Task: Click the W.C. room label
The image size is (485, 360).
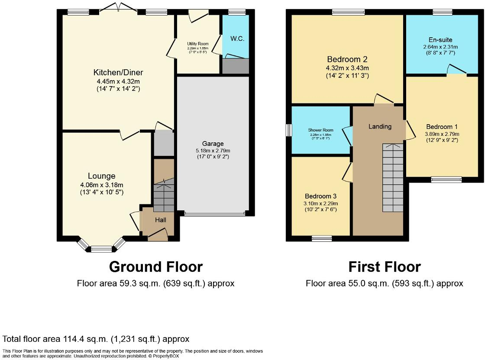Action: pyautogui.click(x=237, y=39)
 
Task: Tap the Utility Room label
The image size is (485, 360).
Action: pyautogui.click(x=197, y=44)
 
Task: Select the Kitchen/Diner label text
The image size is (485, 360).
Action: pyautogui.click(x=118, y=72)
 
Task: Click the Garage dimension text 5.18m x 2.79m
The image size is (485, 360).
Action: pyautogui.click(x=212, y=151)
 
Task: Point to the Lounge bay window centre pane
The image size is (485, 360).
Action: pyautogui.click(x=101, y=248)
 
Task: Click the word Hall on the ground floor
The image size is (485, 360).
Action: pyautogui.click(x=161, y=220)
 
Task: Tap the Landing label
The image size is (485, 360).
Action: pyautogui.click(x=380, y=126)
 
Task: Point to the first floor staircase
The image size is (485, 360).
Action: pyautogui.click(x=393, y=177)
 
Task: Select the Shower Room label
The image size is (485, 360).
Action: pyautogui.click(x=320, y=130)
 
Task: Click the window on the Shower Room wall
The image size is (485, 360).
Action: pyautogui.click(x=289, y=130)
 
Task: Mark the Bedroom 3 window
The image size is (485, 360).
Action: pyautogui.click(x=322, y=238)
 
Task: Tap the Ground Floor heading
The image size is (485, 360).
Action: pyautogui.click(x=155, y=267)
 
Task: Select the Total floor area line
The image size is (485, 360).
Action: pyautogui.click(x=96, y=339)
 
